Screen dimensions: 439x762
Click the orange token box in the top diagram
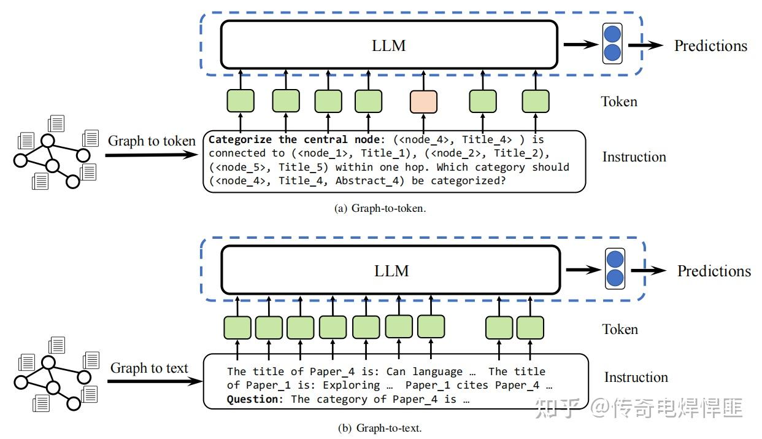click(x=423, y=101)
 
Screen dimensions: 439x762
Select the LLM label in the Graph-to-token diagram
click(x=389, y=45)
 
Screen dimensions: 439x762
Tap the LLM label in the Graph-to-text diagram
click(x=391, y=271)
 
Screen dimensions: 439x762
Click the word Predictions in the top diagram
click(x=710, y=45)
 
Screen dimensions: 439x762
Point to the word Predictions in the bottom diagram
click(x=714, y=271)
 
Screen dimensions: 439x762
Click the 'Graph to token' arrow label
click(x=152, y=141)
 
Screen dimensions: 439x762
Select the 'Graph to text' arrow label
click(x=149, y=368)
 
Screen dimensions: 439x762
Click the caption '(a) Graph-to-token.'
click(x=380, y=208)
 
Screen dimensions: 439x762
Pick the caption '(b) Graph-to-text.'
click(x=380, y=428)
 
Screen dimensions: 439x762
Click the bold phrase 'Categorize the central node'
click(x=287, y=139)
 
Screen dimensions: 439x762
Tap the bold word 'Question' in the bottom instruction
click(x=252, y=399)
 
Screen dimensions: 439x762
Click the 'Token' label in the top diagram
click(x=618, y=101)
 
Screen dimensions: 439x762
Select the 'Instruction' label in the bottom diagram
click(x=636, y=377)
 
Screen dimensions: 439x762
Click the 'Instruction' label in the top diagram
click(x=634, y=157)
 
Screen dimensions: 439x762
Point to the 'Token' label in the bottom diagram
click(x=620, y=329)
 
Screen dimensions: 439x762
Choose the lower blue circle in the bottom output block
click(x=615, y=280)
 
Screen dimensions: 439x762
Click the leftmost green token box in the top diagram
click(x=241, y=101)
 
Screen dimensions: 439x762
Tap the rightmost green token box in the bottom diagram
click(x=530, y=328)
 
